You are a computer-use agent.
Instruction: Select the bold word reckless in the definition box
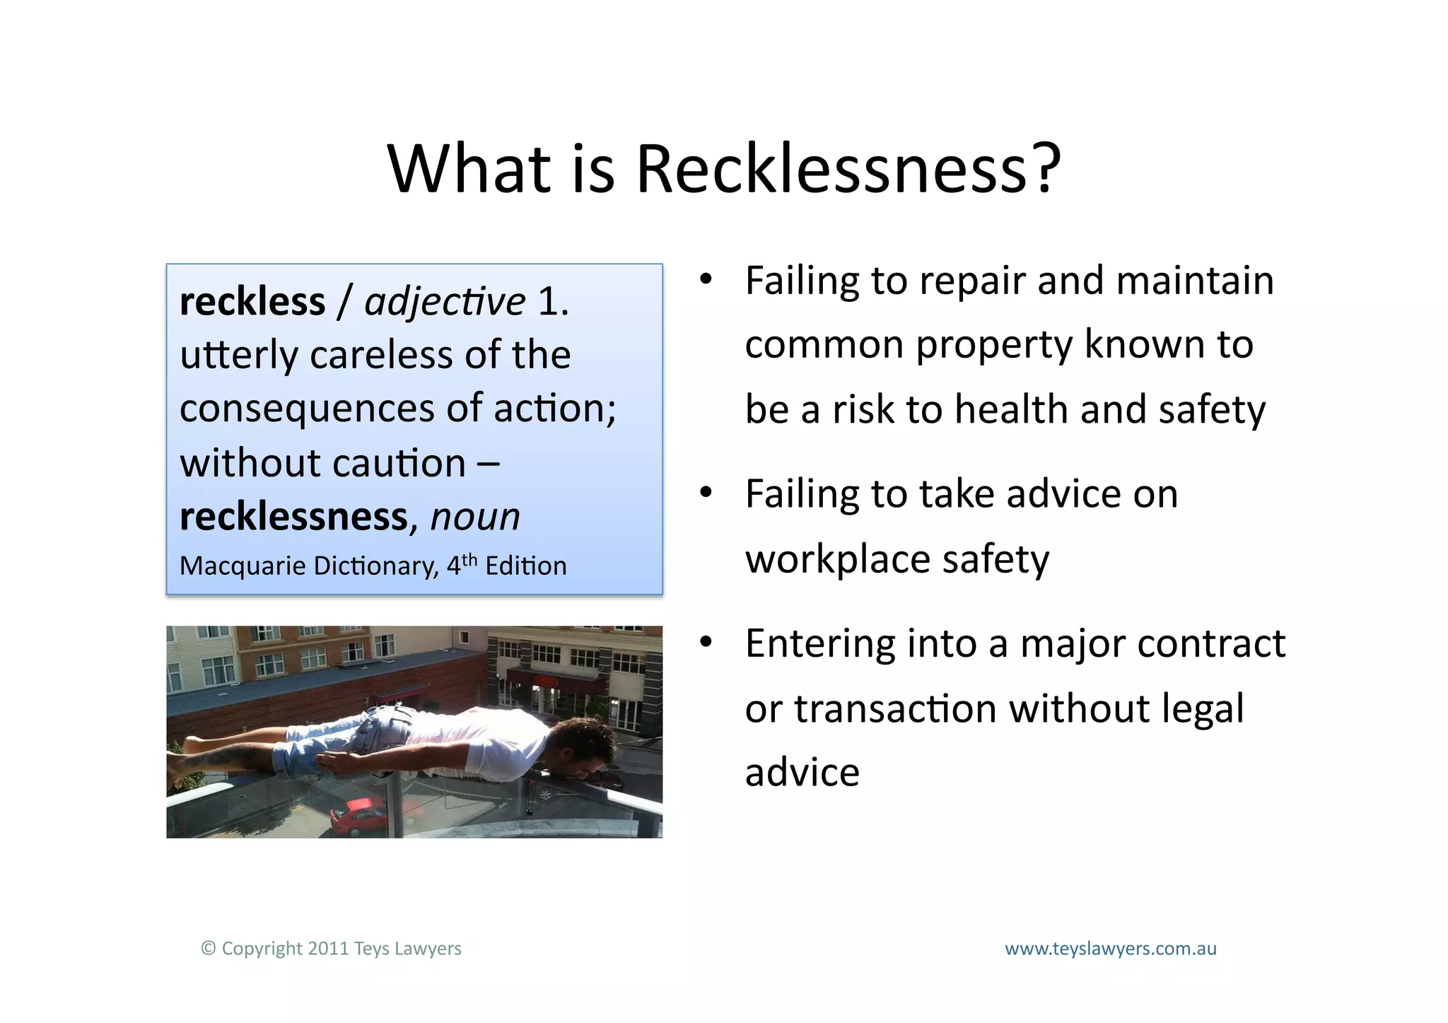click(x=252, y=302)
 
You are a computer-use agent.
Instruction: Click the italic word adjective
click(x=445, y=302)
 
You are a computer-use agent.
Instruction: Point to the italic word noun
click(x=475, y=517)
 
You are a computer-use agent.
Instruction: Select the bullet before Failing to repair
click(x=706, y=280)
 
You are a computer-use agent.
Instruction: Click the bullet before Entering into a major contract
click(x=706, y=643)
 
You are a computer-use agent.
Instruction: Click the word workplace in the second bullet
click(x=837, y=559)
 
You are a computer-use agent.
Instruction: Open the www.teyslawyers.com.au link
click(x=1110, y=949)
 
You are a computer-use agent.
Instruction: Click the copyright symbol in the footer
click(x=208, y=949)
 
